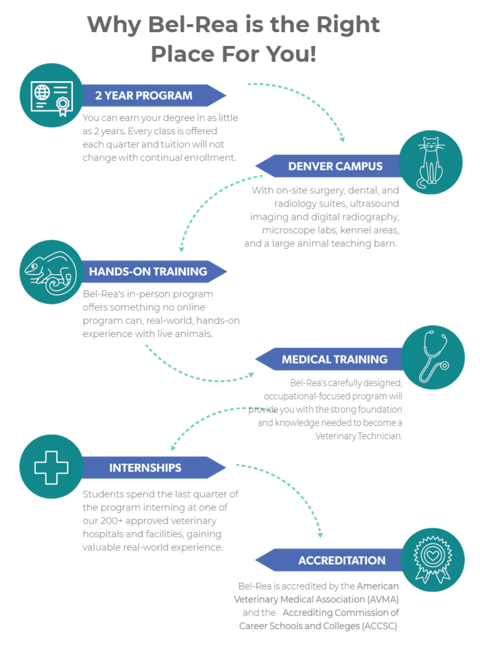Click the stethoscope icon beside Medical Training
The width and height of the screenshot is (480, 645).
coord(433,357)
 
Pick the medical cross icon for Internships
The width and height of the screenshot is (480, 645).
coord(51,467)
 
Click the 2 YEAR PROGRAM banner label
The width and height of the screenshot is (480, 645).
coord(144,96)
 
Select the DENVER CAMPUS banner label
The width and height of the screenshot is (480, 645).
coord(335,166)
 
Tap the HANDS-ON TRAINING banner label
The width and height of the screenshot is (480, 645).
coord(147,271)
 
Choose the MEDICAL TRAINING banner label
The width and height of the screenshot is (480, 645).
coord(334,360)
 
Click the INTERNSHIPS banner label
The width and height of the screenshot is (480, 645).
coord(145,467)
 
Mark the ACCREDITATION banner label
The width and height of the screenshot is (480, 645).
coord(341,560)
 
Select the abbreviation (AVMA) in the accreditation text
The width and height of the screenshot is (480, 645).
coord(379,599)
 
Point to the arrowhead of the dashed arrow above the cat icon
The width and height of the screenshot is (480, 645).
coord(342,139)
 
